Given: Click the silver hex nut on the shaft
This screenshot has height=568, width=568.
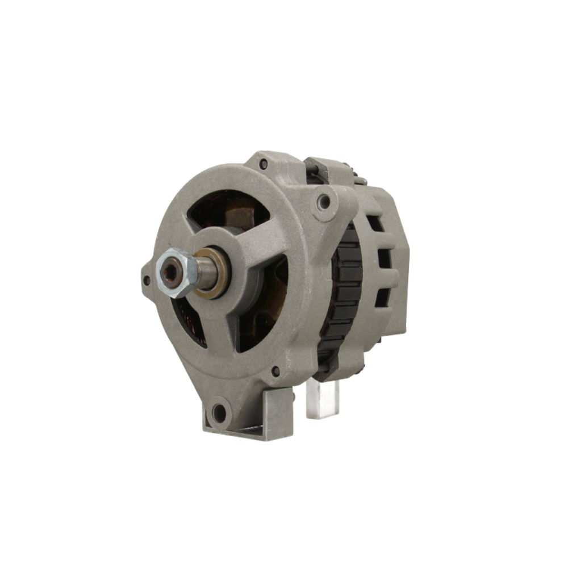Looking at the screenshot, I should [176, 273].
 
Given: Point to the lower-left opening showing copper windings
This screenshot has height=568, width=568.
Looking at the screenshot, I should [191, 321].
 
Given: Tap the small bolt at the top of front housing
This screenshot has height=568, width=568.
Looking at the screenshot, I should [263, 165].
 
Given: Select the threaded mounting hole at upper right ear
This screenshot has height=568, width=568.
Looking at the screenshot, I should [324, 201].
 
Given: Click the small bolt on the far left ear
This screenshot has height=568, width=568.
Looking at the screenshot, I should [147, 280].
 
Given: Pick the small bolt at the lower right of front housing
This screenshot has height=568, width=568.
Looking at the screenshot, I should [276, 371].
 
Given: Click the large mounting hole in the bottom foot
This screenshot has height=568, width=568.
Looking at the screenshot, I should [219, 412].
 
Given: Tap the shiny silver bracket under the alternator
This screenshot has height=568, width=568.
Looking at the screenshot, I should [322, 398].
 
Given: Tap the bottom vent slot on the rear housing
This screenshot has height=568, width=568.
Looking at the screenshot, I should [384, 296].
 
